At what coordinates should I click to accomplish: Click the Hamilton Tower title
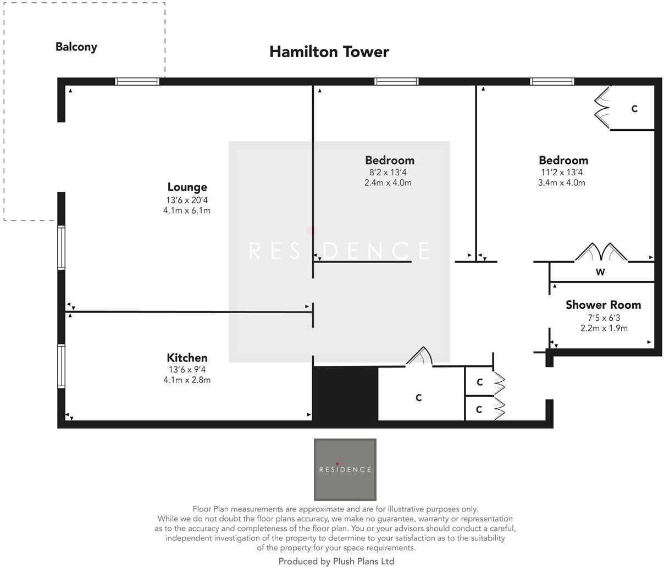point(329,52)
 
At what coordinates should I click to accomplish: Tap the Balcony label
point(76,47)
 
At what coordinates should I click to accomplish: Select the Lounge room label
point(187,187)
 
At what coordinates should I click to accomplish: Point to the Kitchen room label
point(187,358)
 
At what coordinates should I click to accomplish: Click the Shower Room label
point(603,305)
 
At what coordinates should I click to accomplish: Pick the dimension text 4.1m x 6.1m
point(187,210)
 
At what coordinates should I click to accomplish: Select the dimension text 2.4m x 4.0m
point(388,182)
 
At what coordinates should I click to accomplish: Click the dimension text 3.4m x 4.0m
point(561,182)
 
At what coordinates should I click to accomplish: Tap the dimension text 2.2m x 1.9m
point(604,328)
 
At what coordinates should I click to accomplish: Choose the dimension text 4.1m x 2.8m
point(187,380)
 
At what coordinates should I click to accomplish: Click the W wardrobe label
point(600,272)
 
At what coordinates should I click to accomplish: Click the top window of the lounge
point(137,81)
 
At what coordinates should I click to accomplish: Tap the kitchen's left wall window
point(62,366)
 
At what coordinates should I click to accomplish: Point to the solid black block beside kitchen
point(345,394)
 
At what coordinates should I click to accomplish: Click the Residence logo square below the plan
point(345,469)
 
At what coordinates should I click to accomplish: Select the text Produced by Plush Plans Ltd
point(336,561)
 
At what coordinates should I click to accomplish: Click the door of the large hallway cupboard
point(419,357)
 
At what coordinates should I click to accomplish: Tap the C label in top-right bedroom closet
point(634,109)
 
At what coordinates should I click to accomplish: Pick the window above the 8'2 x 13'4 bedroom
point(396,81)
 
